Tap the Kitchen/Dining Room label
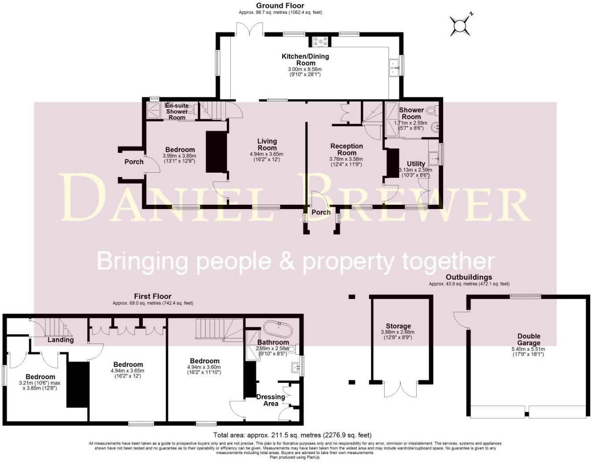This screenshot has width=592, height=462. click(x=305, y=59)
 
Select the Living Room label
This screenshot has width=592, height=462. click(x=267, y=144)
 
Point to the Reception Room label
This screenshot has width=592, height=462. click(x=347, y=149)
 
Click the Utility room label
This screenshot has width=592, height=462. click(x=416, y=164)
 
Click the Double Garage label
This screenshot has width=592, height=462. click(x=529, y=340)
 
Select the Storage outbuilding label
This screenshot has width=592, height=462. click(x=398, y=326)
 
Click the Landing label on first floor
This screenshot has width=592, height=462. click(x=60, y=340)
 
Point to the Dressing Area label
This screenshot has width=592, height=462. click(x=270, y=400)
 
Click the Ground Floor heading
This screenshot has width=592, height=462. click(x=280, y=6)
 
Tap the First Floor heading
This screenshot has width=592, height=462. click(x=152, y=296)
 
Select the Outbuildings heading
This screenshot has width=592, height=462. click(x=469, y=277)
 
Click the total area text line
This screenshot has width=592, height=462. click(x=292, y=435)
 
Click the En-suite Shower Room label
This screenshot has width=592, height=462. click(x=177, y=111)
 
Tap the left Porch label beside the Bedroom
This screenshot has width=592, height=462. click(x=134, y=162)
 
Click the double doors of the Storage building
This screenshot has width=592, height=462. click(x=400, y=389)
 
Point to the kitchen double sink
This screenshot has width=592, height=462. click(x=393, y=68)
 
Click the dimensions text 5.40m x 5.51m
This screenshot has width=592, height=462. click(x=529, y=349)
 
